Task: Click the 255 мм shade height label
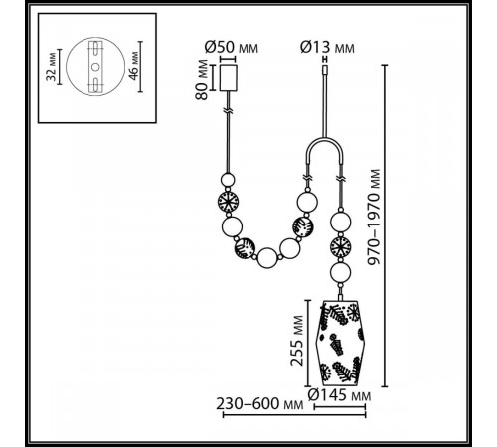click(x=296, y=342)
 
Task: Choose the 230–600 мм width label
click(x=255, y=404)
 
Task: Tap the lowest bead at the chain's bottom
click(x=267, y=260)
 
